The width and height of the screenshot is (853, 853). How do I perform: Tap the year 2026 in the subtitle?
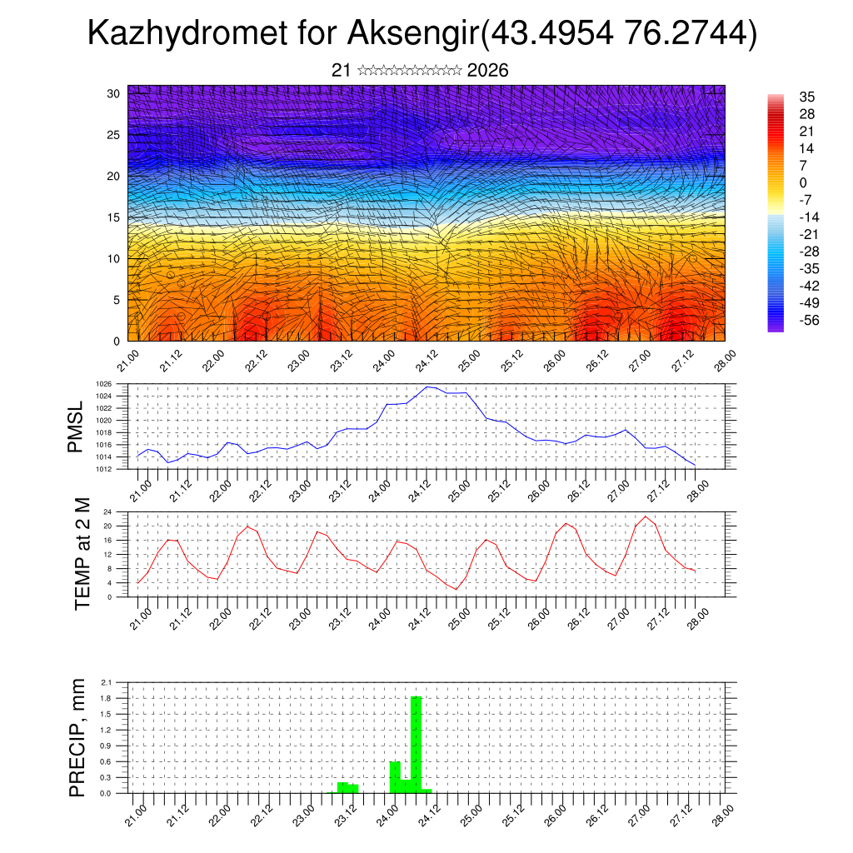click(487, 71)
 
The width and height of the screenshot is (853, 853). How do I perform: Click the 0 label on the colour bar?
click(802, 182)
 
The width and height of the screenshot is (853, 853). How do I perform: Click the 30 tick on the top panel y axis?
click(113, 93)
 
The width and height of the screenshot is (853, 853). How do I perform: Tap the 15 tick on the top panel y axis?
click(113, 217)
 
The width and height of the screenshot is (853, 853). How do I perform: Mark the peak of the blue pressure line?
click(428, 387)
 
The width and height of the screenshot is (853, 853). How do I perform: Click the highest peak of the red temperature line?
click(646, 517)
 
